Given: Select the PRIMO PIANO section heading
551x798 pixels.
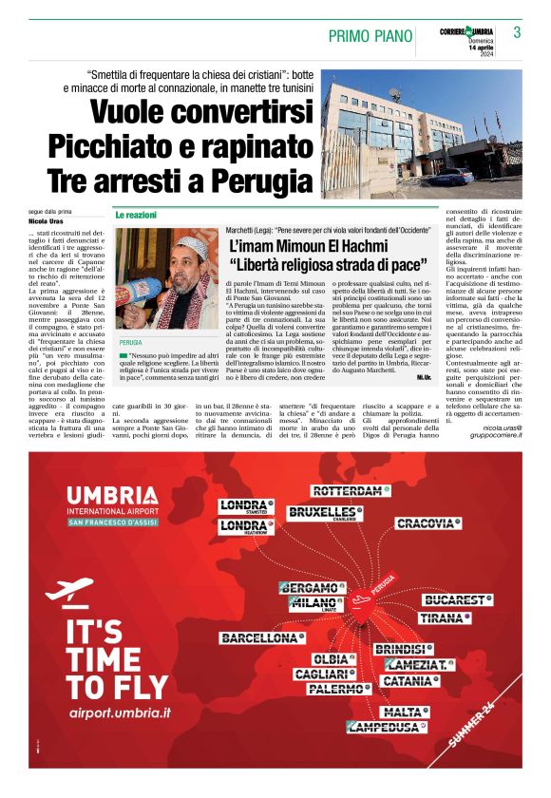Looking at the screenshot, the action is coord(370,36).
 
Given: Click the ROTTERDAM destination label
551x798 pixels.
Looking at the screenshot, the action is coord(348,491).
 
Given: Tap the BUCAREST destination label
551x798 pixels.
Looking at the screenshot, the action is coord(453,600).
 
